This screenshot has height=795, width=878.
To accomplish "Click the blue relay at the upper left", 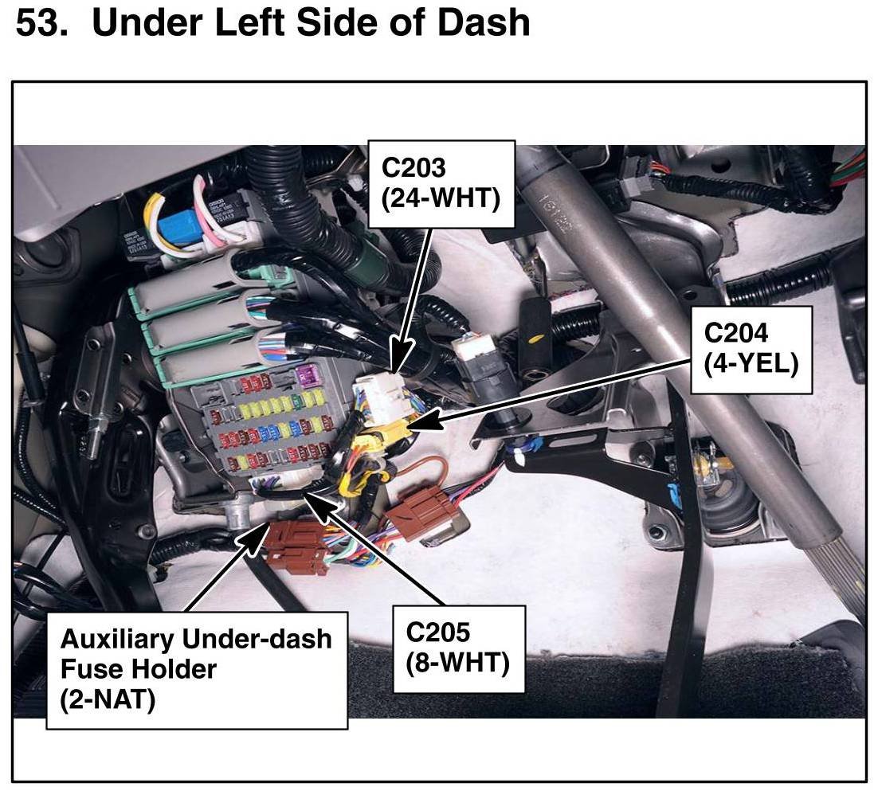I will [x=173, y=228].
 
